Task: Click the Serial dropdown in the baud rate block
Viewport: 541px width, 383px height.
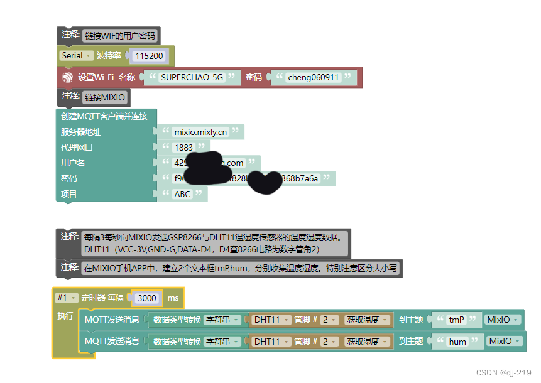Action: (x=77, y=56)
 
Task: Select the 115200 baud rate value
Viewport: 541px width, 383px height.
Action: (x=149, y=56)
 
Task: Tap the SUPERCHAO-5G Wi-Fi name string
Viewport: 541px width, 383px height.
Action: (x=192, y=77)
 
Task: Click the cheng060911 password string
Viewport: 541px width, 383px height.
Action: (x=313, y=77)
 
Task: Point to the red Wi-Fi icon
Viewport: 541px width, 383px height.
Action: (x=68, y=77)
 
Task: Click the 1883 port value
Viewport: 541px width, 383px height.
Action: (x=183, y=148)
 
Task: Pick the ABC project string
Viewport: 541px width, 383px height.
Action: (x=182, y=194)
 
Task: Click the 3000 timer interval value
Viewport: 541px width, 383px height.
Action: (x=147, y=298)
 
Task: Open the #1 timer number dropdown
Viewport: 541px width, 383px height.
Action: (x=66, y=298)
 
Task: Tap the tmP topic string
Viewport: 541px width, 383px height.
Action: (x=456, y=320)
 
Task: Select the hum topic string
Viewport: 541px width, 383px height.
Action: (x=457, y=342)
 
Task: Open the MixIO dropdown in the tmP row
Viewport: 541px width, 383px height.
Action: (x=503, y=320)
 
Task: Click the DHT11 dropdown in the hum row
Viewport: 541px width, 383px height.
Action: (x=270, y=342)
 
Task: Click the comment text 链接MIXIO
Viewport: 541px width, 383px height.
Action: (x=105, y=97)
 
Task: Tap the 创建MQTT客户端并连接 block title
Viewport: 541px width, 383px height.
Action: (x=104, y=116)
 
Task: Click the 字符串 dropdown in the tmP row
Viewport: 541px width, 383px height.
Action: (x=224, y=320)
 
